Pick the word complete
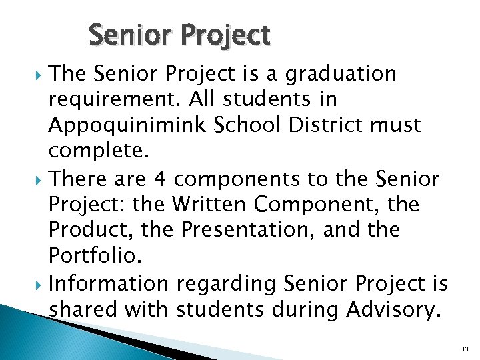pyautogui.click(x=95, y=151)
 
